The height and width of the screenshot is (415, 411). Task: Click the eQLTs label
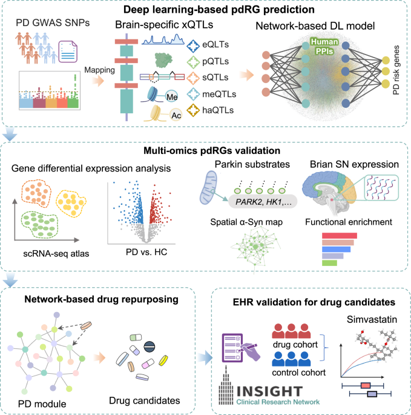click(x=215, y=44)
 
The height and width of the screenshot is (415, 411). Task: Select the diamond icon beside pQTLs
click(x=193, y=62)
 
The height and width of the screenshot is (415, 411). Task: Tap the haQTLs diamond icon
click(x=193, y=110)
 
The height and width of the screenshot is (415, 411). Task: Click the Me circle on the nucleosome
click(x=172, y=97)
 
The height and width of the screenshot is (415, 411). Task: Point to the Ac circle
click(x=176, y=115)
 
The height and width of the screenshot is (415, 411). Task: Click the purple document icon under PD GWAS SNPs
click(x=68, y=51)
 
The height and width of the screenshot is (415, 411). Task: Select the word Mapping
click(x=99, y=70)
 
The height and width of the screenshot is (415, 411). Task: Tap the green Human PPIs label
click(x=324, y=46)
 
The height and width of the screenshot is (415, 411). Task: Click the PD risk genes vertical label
click(x=396, y=70)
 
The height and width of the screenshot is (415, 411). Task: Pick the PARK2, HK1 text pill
click(x=263, y=202)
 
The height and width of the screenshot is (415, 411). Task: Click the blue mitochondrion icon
click(x=208, y=187)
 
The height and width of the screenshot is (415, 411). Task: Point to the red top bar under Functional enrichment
click(x=340, y=236)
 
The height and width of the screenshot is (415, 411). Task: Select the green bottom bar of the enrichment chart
click(x=329, y=263)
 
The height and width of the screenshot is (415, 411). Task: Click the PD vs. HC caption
click(x=146, y=252)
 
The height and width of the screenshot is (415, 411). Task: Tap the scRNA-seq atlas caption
click(x=56, y=254)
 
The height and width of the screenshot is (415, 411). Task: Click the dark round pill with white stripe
click(x=150, y=347)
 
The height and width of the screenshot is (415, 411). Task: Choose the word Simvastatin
click(x=372, y=319)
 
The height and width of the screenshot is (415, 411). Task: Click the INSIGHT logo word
click(x=269, y=391)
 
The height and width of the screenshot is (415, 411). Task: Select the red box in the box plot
click(x=366, y=386)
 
